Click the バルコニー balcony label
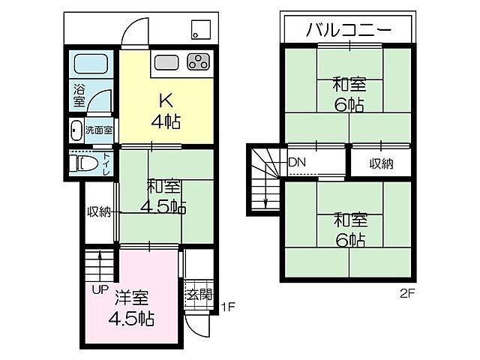point(348,31)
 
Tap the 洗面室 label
point(98,130)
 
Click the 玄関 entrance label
point(199,294)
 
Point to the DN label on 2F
point(297,163)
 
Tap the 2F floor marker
point(406,294)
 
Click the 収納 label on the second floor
point(380,163)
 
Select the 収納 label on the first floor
point(98,212)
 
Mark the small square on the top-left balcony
point(200,31)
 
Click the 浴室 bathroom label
point(79,96)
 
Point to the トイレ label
point(106,163)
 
